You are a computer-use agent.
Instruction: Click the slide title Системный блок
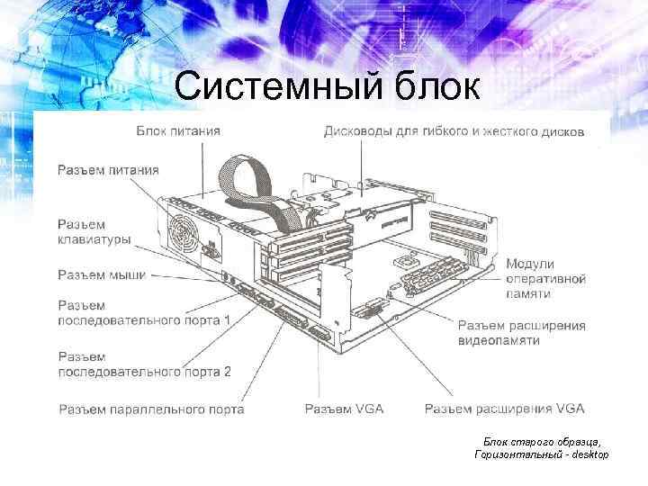pos(328,86)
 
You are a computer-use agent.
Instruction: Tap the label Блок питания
pos(177,131)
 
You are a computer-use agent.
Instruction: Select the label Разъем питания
pos(108,169)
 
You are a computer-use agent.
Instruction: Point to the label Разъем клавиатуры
pos(94,232)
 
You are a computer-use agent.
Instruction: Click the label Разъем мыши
pos(102,274)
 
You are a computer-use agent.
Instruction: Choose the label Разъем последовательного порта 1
pos(144,312)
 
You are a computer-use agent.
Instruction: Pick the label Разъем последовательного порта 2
pos(144,364)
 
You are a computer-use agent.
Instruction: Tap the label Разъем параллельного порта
pos(151,409)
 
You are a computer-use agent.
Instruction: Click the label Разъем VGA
pos(344,409)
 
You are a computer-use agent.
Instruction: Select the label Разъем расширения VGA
pos(504,409)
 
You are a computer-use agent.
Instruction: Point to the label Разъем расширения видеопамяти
pos(521,333)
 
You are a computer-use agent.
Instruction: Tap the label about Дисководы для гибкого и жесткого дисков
pos(454,131)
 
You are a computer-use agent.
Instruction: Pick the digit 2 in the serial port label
pos(227,371)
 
